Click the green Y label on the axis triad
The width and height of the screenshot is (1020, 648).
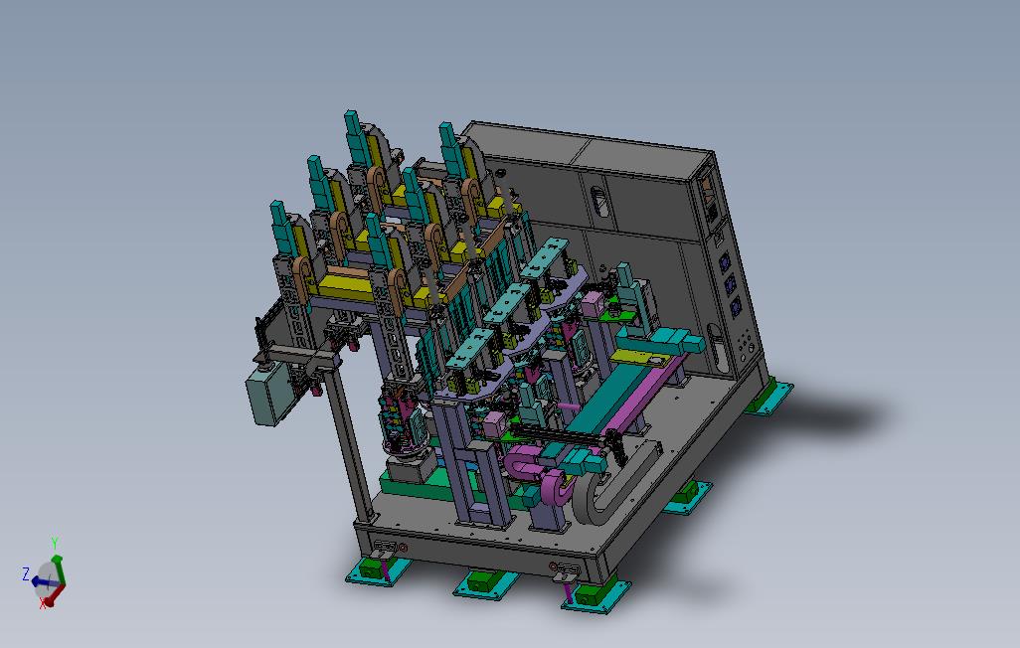(55, 544)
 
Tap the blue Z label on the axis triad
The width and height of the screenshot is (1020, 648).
(26, 573)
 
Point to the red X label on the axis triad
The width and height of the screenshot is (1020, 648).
(44, 603)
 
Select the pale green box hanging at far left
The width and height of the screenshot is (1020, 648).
(266, 393)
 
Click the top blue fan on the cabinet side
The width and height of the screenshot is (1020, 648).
(724, 262)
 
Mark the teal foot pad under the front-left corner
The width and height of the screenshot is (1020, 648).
(378, 570)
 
